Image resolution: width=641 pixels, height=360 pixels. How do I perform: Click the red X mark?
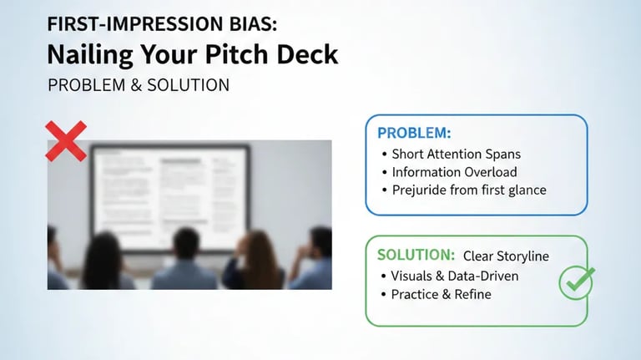click(66, 140)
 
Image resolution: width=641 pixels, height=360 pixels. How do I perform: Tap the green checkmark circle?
click(576, 282)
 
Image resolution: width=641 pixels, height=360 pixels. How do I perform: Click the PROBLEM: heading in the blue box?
click(414, 133)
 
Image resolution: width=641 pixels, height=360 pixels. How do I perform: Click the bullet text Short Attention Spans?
click(455, 154)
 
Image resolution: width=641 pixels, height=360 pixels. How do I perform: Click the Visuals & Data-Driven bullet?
click(455, 276)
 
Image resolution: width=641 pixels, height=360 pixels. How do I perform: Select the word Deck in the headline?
click(309, 54)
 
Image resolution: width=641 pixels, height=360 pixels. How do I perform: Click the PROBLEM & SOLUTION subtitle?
click(139, 85)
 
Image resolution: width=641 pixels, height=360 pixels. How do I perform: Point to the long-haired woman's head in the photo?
click(260, 248)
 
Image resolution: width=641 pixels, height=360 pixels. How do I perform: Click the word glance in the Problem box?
click(524, 190)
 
